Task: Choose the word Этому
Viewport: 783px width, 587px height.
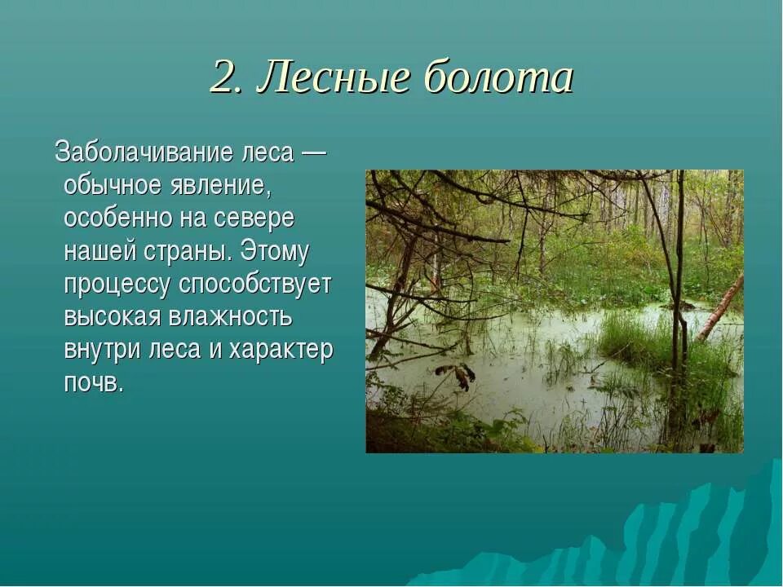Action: (x=275, y=252)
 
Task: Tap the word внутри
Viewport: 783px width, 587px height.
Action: (x=100, y=351)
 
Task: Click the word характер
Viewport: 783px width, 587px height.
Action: (x=281, y=351)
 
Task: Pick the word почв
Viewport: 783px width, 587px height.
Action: (x=93, y=383)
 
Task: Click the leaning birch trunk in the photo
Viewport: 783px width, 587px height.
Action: (x=721, y=308)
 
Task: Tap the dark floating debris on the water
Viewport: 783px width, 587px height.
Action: (x=457, y=375)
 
